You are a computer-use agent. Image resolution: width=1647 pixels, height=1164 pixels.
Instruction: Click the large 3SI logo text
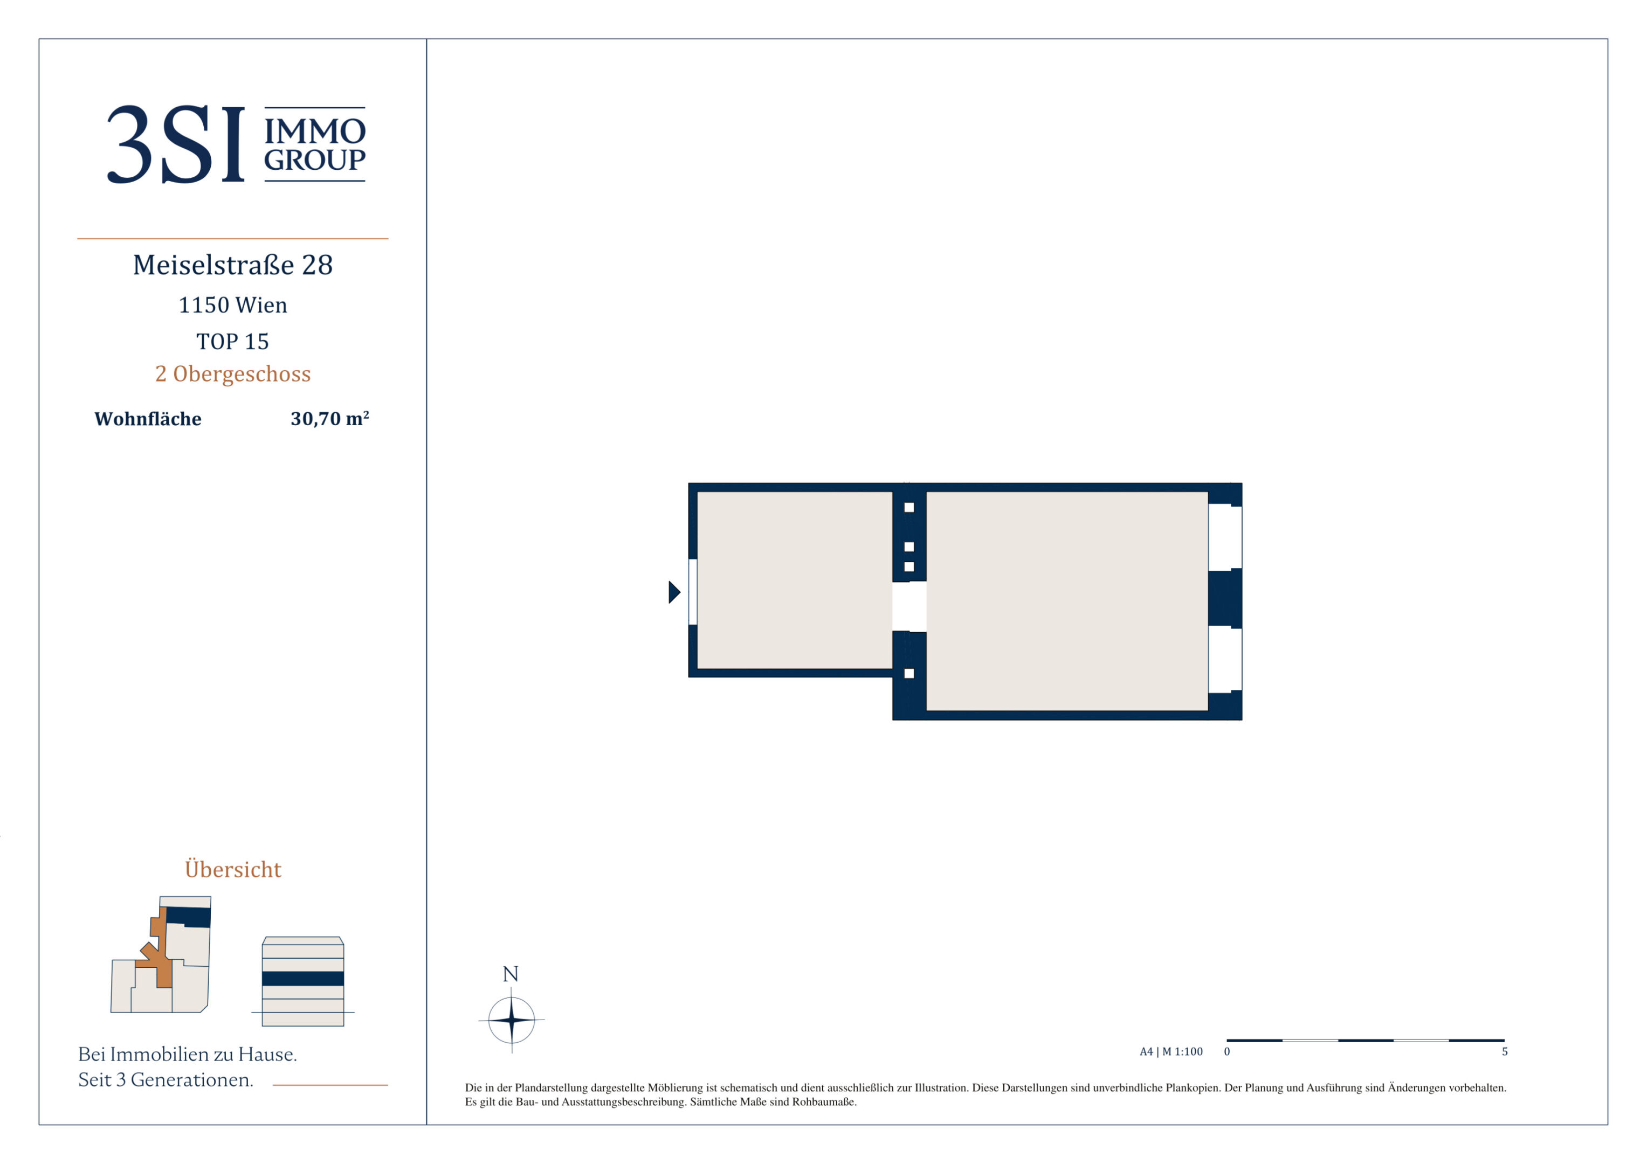tap(176, 144)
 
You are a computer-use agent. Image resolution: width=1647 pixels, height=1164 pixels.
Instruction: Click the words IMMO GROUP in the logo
tap(315, 145)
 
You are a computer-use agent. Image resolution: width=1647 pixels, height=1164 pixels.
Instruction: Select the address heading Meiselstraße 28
tap(233, 265)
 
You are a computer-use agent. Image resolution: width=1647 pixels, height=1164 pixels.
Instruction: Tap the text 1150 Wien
tap(233, 305)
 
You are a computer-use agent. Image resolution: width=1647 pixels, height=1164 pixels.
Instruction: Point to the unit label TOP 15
tap(233, 341)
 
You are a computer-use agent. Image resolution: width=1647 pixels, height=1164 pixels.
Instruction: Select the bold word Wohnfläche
tap(148, 419)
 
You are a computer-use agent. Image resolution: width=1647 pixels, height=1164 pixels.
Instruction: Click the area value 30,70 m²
tap(330, 418)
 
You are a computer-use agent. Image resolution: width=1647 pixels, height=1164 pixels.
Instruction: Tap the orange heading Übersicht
tap(233, 869)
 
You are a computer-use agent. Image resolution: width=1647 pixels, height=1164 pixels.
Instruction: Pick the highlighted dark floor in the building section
tap(303, 978)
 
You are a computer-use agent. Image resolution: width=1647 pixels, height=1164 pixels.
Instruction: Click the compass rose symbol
tap(512, 1019)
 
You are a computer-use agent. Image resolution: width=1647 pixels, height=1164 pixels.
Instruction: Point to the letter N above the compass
tap(511, 974)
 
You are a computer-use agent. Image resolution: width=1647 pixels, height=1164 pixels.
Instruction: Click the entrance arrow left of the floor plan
tap(674, 592)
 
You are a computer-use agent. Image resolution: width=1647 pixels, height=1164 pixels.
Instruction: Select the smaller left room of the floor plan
tap(795, 579)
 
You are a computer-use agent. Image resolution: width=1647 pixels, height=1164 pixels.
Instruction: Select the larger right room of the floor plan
tap(1067, 601)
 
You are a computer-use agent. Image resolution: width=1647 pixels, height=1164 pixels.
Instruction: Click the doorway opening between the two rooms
tap(909, 606)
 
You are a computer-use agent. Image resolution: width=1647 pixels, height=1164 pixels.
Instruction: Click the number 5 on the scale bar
tap(1505, 1051)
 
